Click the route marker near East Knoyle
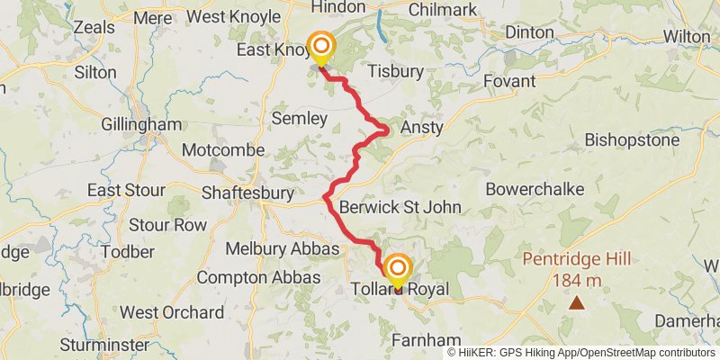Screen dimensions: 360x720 coord(319,46)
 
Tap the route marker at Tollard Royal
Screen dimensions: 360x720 coord(396,270)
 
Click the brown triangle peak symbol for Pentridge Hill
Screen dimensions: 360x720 coord(576,303)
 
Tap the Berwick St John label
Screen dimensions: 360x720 coord(400,208)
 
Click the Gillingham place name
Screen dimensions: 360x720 coord(141,124)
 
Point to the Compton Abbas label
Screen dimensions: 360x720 coord(257,278)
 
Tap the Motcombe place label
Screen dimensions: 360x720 coord(223,150)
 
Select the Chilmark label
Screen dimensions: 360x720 coord(441,9)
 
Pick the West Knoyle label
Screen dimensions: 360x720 coord(238,17)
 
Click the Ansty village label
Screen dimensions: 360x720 coord(422,128)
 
